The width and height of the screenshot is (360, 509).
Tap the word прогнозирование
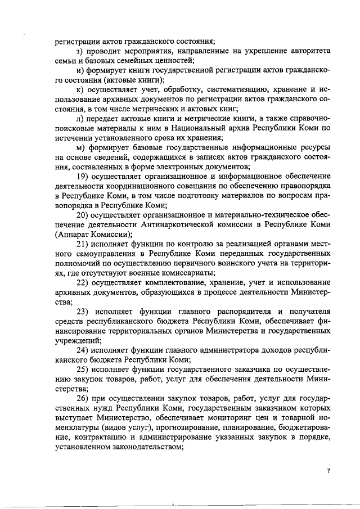click(x=175, y=427)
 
